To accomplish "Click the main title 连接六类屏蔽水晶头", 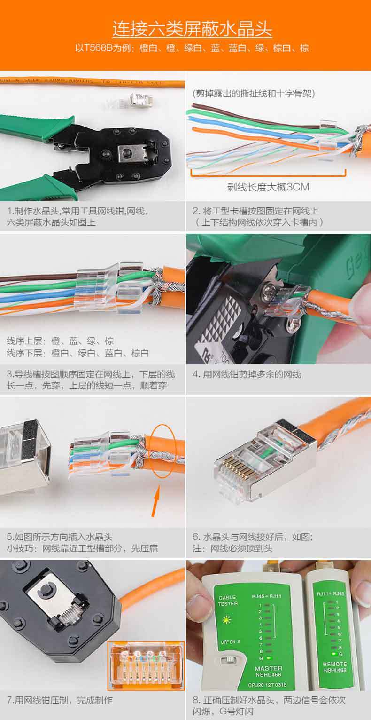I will point(192,29).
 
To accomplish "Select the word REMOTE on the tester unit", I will point(335,664).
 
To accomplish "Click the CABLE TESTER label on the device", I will point(228,601).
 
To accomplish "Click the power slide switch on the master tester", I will point(229,659).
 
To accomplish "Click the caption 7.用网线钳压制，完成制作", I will point(60,700).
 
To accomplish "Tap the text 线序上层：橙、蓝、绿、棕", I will point(60,341).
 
